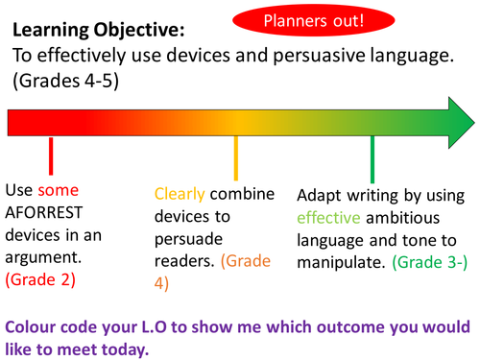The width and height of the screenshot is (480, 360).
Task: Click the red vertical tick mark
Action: click(50, 156)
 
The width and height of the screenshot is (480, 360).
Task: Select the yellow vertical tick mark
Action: click(236, 156)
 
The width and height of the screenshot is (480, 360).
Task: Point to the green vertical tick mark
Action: click(372, 156)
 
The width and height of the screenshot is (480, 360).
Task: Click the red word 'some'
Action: click(59, 189)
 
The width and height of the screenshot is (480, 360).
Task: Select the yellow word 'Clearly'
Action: click(180, 192)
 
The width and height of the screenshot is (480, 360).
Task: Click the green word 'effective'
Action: click(328, 214)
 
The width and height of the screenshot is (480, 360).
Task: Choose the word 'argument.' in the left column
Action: click(45, 256)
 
